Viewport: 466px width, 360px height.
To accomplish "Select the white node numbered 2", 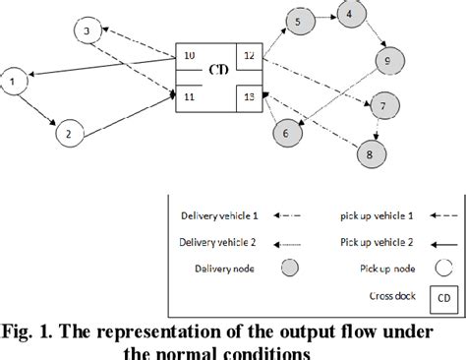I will click(67, 132).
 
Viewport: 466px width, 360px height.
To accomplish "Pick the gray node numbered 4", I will click(348, 15).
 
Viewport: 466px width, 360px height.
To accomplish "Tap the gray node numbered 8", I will click(369, 153).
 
